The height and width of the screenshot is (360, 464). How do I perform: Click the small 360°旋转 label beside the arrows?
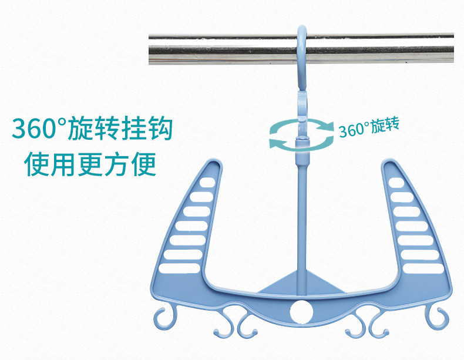tap(369, 127)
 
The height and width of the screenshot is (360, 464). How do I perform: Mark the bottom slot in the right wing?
tap(423, 269)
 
